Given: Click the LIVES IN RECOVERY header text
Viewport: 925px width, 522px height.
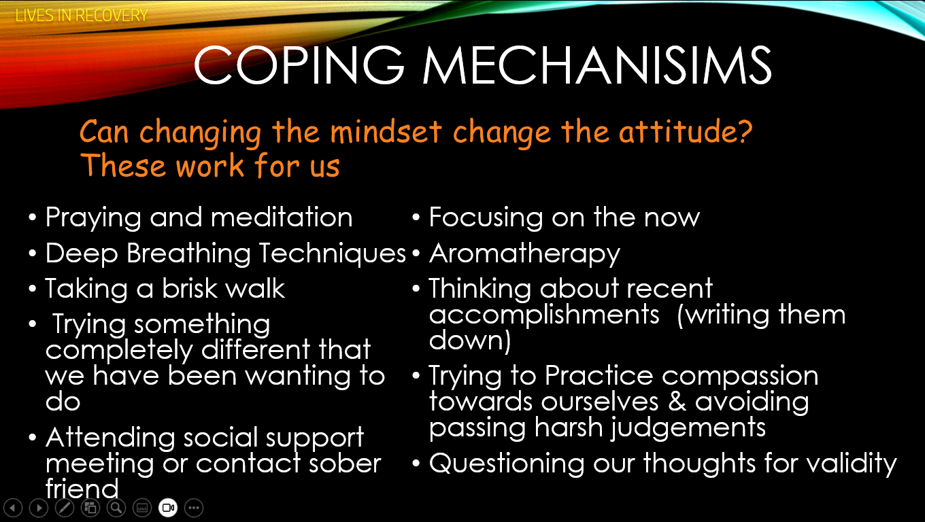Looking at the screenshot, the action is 82,16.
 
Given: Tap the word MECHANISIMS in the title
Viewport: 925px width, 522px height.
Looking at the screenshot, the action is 597,65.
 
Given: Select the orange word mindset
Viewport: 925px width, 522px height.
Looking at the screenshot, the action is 386,132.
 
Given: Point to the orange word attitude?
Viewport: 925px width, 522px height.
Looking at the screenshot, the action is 686,131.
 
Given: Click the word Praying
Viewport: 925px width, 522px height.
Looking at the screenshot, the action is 93,218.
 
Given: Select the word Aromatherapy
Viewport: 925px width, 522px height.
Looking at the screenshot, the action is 524,254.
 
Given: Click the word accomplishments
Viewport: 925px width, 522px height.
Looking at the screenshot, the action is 544,315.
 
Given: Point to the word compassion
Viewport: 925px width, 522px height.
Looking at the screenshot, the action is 740,377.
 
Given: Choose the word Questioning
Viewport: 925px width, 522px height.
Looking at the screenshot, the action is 507,464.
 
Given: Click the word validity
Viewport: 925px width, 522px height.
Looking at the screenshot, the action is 852,464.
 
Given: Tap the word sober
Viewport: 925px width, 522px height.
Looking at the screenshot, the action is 345,464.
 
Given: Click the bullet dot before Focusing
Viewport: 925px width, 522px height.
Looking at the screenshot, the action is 416,217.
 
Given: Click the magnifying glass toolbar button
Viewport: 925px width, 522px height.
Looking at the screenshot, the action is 116,508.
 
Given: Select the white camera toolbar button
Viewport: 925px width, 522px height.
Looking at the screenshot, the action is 168,508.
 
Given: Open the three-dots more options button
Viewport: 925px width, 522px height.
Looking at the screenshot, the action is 194,508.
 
